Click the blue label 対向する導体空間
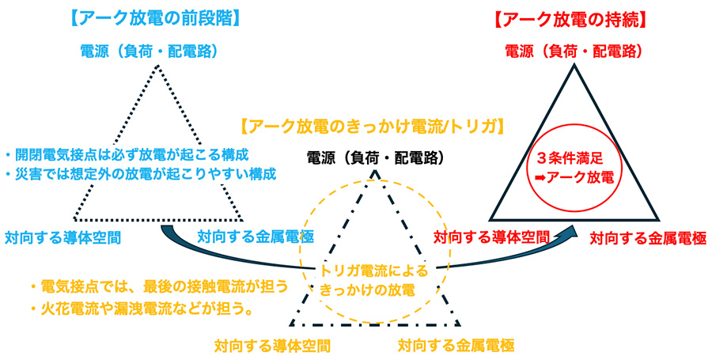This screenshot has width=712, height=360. point(62,236)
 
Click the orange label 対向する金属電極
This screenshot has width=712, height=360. point(456,346)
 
